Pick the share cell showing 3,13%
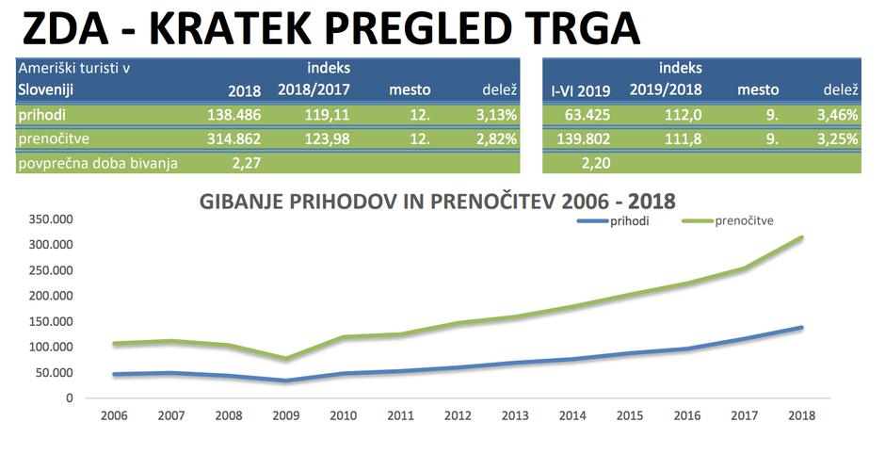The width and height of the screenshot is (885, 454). point(494,115)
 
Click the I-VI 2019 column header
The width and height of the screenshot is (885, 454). point(580,90)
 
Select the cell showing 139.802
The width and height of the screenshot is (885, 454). point(582,139)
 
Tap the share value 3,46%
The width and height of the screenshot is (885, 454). point(837,115)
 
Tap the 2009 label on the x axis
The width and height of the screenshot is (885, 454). point(285,415)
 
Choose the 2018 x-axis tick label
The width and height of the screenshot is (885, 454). point(801,415)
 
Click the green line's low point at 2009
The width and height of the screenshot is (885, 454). point(285,359)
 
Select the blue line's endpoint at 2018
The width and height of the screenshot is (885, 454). point(801,327)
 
